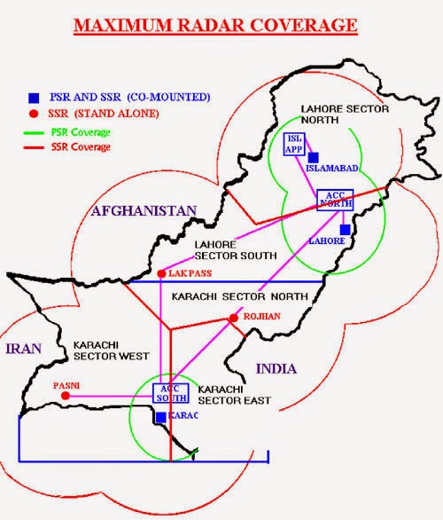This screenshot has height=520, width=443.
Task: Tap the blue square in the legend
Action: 33,96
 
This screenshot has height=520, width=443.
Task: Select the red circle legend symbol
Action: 33,113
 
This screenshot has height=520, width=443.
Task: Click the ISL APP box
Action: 294,144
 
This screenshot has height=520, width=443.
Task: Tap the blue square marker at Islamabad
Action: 314,157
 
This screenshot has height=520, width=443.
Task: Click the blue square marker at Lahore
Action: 346,229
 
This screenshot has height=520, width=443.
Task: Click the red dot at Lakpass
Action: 160,273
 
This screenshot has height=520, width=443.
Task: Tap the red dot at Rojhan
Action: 232,318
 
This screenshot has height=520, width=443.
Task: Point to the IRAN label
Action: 23,349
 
